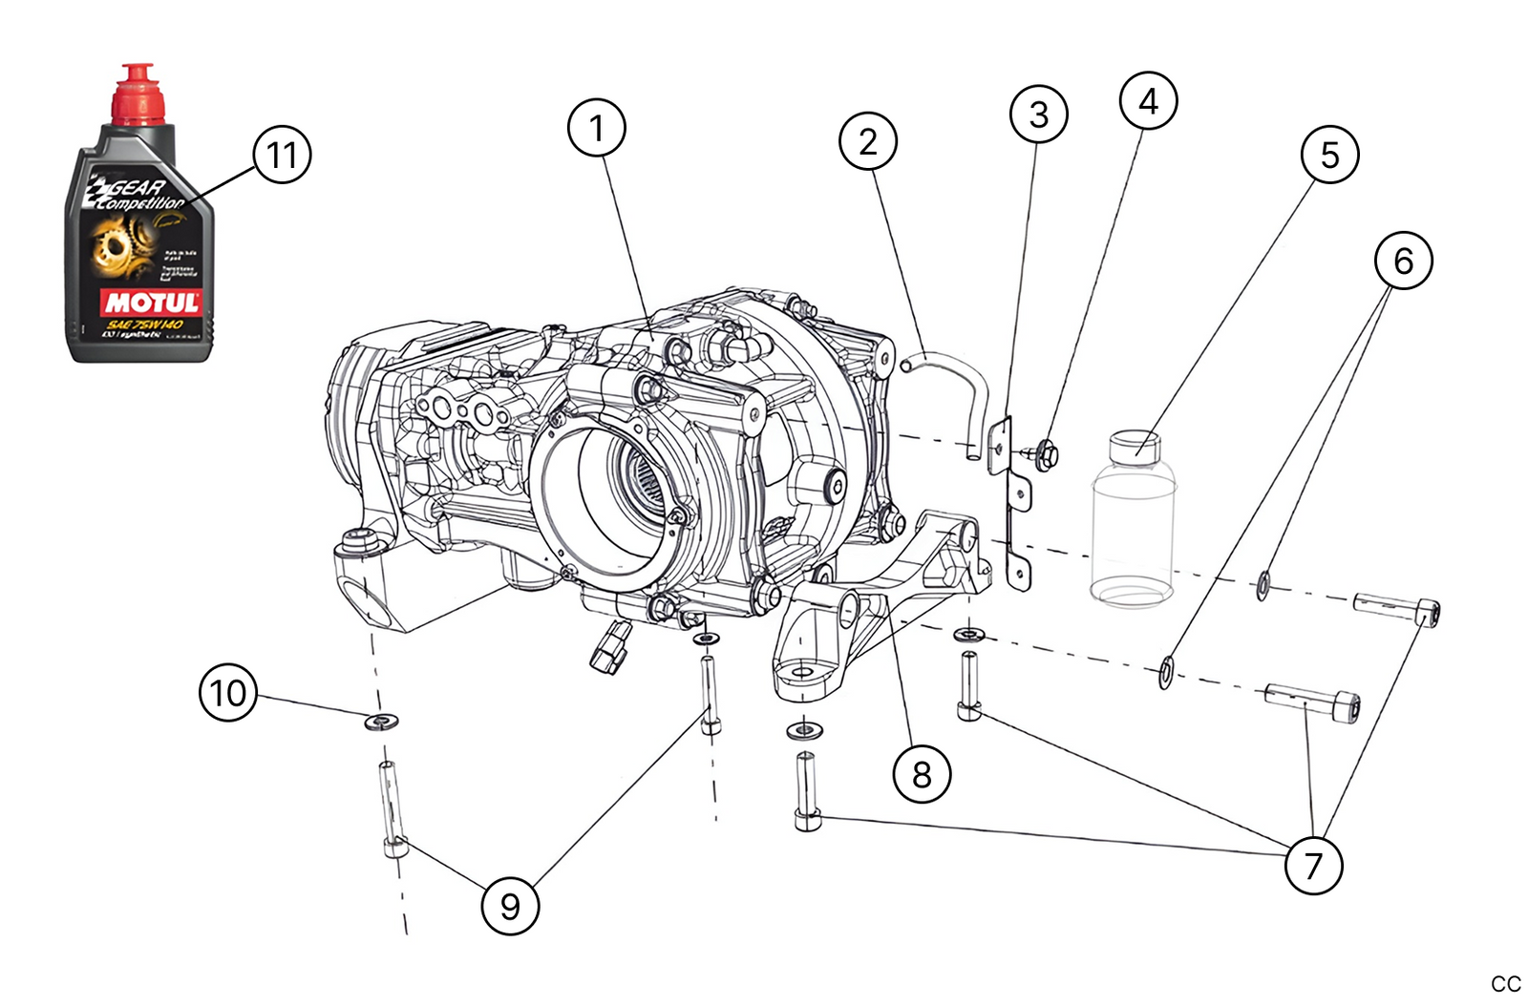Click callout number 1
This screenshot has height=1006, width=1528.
point(597,128)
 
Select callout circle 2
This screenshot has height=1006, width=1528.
point(867,141)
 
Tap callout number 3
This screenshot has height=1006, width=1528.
point(1038,115)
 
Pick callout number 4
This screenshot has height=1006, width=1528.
point(1148,100)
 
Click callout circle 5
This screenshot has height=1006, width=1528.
point(1329,155)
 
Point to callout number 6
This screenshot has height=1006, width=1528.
point(1403,261)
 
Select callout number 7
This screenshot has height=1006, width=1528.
point(1313,866)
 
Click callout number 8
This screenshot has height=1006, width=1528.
point(921,774)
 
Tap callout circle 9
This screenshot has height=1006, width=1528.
point(510,906)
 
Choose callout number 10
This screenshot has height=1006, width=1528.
point(228,692)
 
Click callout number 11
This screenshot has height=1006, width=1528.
point(282,155)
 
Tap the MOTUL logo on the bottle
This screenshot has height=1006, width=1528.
point(152,304)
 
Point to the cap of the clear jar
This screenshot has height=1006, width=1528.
point(1135,446)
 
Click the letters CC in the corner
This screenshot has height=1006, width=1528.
point(1505,984)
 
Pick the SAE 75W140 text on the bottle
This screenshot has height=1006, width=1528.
point(143,325)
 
